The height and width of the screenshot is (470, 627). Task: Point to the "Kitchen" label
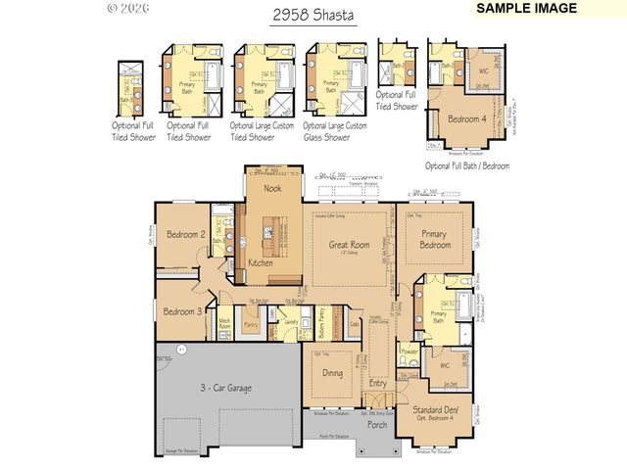[261, 263]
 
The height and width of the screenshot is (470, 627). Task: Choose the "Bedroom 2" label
[184, 235]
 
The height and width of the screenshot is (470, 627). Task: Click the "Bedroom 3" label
[182, 311]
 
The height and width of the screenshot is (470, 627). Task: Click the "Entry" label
[377, 384]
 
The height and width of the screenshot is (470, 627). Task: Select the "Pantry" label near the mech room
[251, 323]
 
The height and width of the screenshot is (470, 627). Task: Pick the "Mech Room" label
[224, 324]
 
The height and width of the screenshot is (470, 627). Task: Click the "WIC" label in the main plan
[445, 365]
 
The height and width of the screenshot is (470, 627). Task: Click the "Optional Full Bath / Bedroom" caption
[468, 166]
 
